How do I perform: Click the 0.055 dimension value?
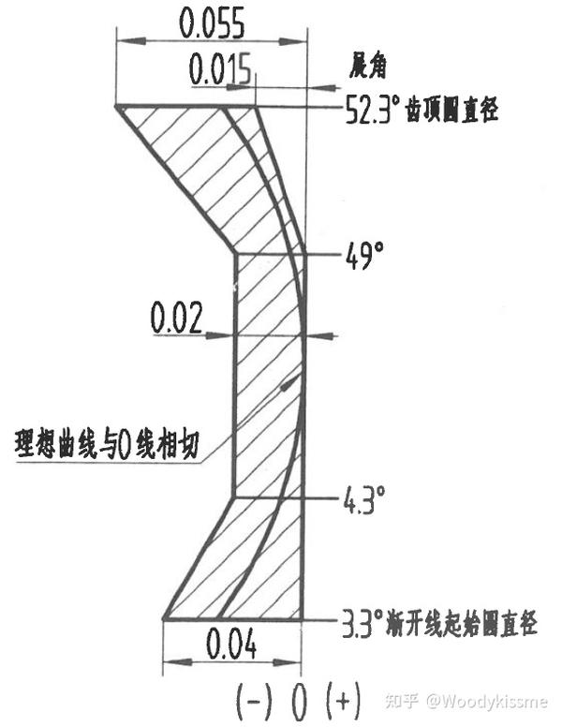point(210,22)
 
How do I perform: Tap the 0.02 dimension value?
point(176,320)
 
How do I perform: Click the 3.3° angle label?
point(358,622)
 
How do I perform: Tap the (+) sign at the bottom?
point(343,699)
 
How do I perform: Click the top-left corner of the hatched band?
point(119,107)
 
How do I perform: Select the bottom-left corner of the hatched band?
point(165,618)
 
